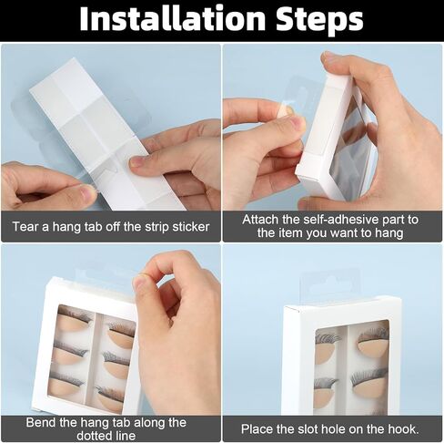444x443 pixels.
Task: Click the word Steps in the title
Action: [x=319, y=20]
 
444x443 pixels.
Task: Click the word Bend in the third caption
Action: [x=37, y=422]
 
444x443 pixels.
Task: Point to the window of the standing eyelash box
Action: [x=352, y=367]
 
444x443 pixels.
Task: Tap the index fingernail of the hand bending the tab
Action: [x=140, y=283]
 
